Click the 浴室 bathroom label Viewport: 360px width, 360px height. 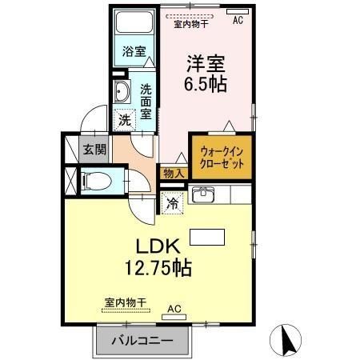134,51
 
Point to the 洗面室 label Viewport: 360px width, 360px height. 146,101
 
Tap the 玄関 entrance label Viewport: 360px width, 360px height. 93,150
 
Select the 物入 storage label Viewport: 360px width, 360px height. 174,173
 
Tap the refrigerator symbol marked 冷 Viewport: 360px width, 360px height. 173,202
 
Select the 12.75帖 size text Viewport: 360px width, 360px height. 158,269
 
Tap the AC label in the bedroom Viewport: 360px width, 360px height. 238,22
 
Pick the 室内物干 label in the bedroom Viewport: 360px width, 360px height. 191,24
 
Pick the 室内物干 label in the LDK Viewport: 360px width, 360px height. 126,302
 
